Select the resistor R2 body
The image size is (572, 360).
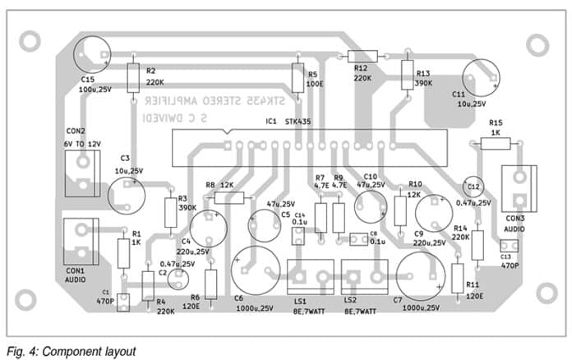click(x=134, y=79)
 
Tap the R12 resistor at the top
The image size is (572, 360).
click(x=360, y=56)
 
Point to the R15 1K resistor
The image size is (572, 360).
click(x=494, y=144)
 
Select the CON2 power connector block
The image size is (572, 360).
click(x=81, y=173)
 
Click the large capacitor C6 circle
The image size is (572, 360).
click(x=254, y=270)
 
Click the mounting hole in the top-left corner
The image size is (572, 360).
click(x=30, y=39)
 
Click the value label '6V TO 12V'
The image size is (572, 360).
click(x=81, y=142)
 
